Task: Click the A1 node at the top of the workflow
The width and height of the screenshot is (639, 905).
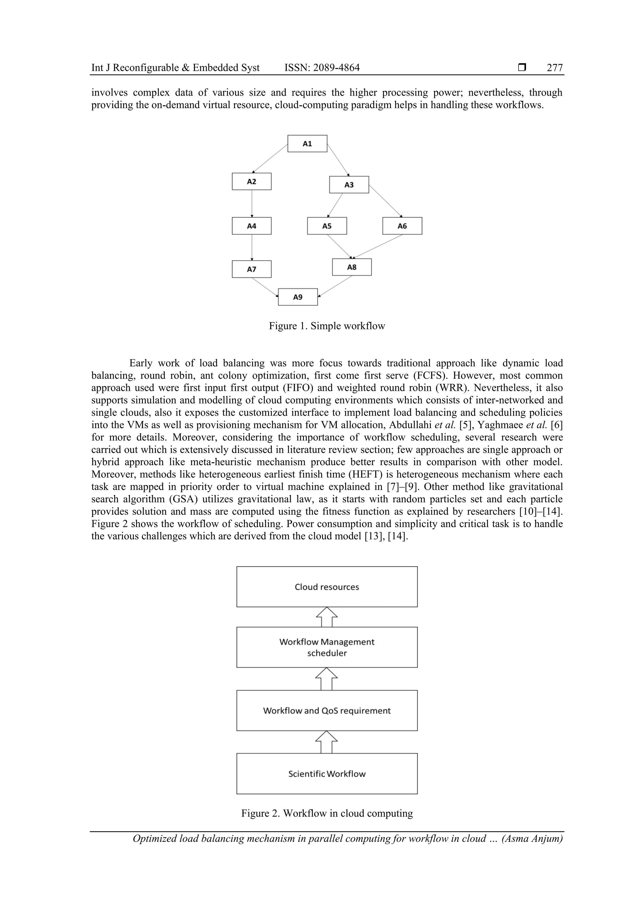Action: [x=307, y=143]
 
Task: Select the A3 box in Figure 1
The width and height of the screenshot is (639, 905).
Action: [x=349, y=185]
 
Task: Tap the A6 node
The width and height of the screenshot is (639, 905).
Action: [x=402, y=226]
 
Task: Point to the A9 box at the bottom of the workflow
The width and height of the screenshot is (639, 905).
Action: [x=298, y=297]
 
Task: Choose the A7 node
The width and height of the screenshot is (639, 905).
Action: [x=251, y=269]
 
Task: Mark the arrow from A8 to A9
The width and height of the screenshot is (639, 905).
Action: [x=335, y=286]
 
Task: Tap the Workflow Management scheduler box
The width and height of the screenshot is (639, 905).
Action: [x=327, y=647]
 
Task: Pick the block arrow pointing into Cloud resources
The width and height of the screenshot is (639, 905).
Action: [x=327, y=617]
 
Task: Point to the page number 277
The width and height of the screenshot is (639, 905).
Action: [x=555, y=68]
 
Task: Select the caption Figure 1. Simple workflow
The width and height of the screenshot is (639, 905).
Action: [x=327, y=326]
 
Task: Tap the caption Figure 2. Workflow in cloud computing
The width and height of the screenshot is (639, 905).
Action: [x=327, y=813]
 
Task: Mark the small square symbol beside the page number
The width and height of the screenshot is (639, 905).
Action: [x=522, y=67]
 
